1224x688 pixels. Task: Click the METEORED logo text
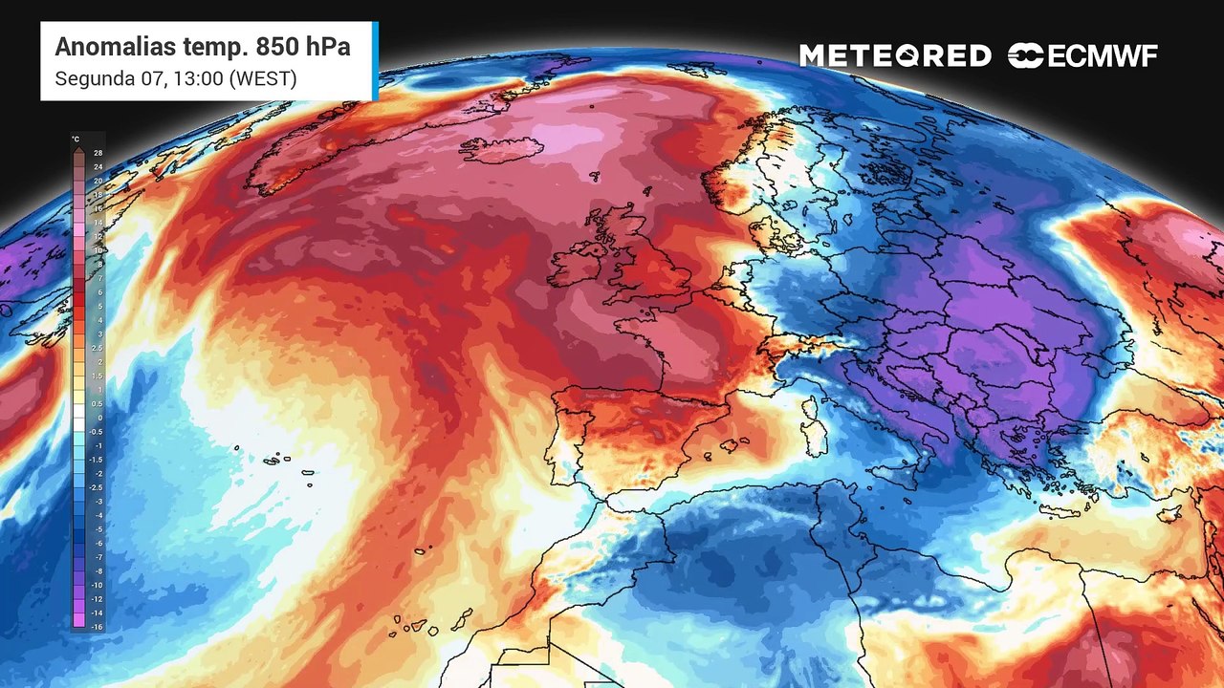point(895,56)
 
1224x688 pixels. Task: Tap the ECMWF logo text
point(1102,56)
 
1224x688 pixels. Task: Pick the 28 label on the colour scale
point(98,153)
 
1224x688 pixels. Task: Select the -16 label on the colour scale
point(97,626)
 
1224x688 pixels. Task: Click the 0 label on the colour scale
point(98,418)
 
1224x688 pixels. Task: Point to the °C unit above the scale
point(76,140)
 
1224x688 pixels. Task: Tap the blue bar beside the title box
point(376,61)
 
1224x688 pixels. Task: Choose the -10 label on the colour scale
point(97,584)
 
